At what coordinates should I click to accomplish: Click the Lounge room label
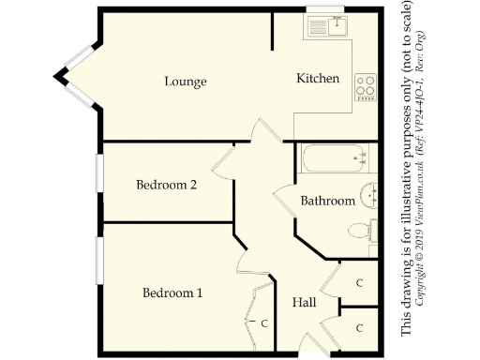tap(185, 82)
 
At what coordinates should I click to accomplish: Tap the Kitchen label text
tap(318, 79)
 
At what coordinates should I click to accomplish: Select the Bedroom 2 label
tap(166, 185)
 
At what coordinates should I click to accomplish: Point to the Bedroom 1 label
tap(172, 293)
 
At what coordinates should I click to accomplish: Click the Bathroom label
tap(327, 201)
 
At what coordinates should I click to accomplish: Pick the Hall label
tap(304, 304)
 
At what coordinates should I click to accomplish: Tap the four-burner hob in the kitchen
tap(365, 88)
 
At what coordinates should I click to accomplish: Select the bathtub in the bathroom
tap(335, 158)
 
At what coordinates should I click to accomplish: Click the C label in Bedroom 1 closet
tap(265, 324)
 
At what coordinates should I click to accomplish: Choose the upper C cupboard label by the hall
tap(359, 282)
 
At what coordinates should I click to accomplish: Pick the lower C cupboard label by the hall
tap(359, 327)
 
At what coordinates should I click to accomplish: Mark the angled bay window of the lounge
tap(73, 73)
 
